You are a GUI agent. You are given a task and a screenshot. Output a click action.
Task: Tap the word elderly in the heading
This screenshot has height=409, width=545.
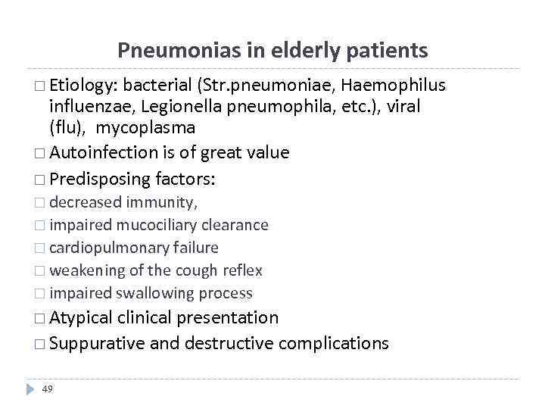[284, 51]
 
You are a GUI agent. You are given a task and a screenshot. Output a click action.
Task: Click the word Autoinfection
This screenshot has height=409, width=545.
[105, 152]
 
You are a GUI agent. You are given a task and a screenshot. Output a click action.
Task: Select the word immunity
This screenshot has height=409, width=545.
[162, 203]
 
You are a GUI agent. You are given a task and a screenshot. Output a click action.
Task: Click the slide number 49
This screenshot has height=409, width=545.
[48, 389]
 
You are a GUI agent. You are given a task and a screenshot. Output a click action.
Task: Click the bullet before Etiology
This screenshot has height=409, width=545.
[40, 86]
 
